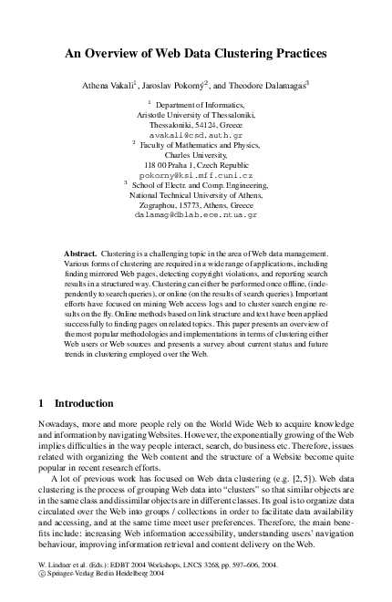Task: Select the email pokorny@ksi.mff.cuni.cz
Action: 196,174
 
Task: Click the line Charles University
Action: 196,154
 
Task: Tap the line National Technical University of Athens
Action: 196,195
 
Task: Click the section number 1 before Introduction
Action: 43,402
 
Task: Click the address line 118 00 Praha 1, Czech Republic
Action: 196,164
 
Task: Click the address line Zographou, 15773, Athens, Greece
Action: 196,205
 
